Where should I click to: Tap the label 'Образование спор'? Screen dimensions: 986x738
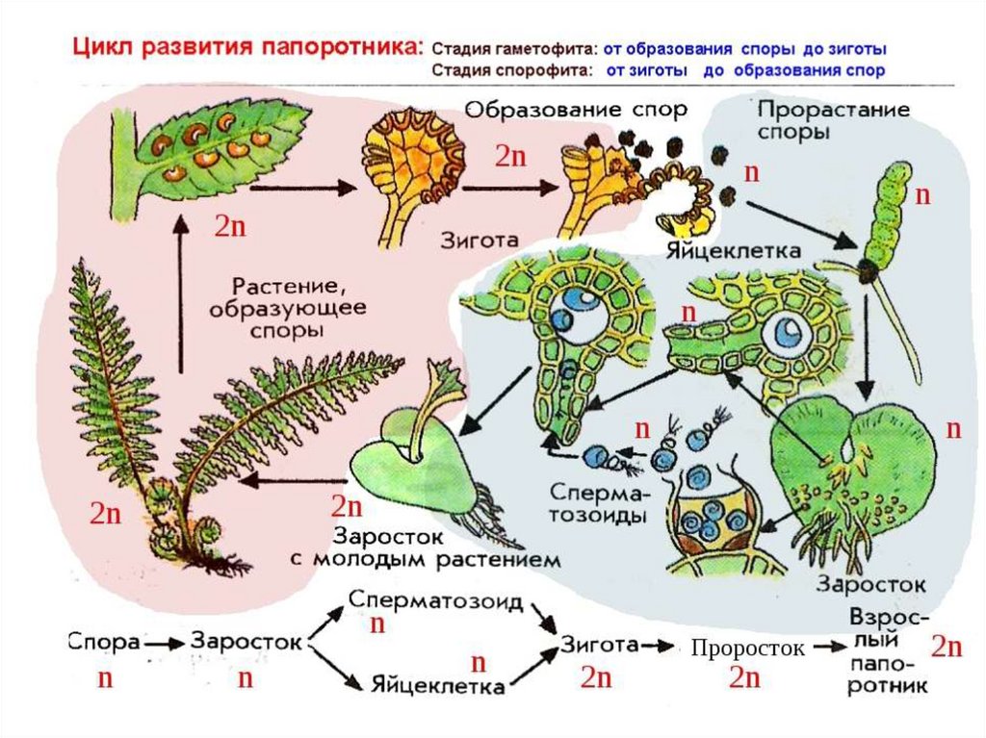point(576,109)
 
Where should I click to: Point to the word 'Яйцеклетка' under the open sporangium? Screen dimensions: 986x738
point(733,251)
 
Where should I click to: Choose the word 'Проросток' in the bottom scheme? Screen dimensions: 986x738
point(747,649)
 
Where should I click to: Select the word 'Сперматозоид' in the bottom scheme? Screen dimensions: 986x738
point(436,602)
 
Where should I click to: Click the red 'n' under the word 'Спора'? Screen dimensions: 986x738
point(105,678)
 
